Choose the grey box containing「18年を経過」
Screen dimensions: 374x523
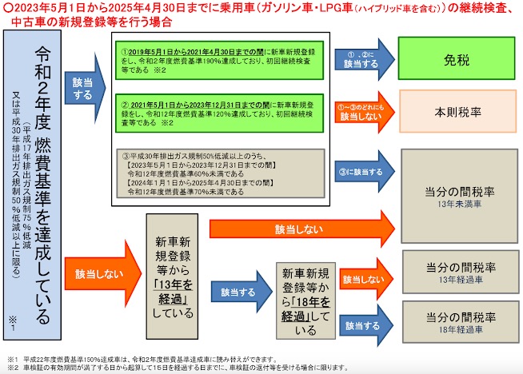point(305,301)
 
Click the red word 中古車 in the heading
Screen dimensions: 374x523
point(30,22)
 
